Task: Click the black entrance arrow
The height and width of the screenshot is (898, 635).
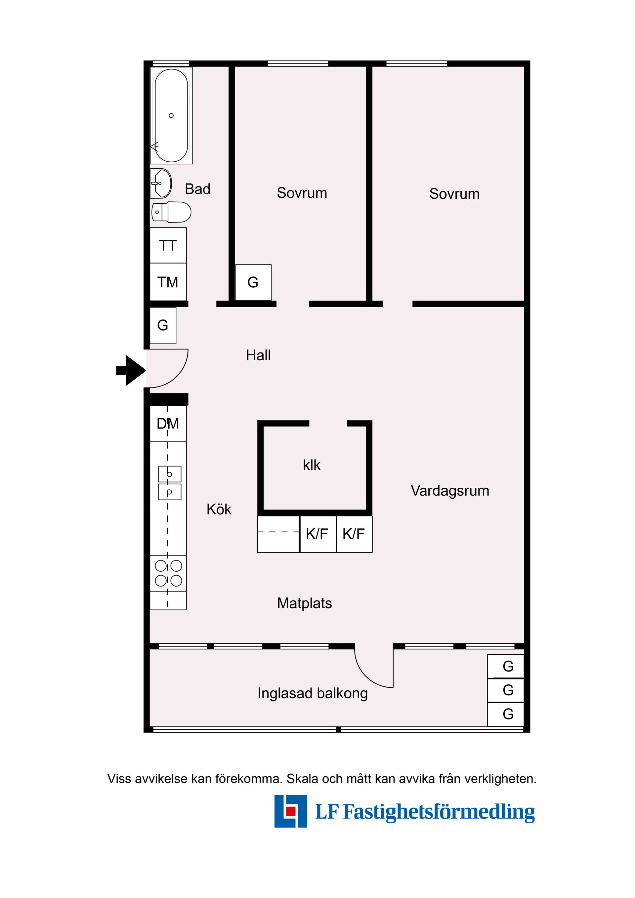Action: (x=131, y=370)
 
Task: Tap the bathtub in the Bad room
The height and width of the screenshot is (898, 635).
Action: (x=171, y=115)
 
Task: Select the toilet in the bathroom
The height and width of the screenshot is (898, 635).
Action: (x=171, y=212)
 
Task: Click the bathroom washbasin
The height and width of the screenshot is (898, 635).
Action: (x=161, y=183)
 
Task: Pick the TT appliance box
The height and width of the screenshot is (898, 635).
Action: (x=168, y=245)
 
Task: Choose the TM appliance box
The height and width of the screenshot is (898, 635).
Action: (x=168, y=282)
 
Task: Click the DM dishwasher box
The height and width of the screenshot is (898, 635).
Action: (x=168, y=424)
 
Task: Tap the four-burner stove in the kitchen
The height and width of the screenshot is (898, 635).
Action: (x=168, y=573)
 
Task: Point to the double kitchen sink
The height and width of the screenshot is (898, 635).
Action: (x=170, y=483)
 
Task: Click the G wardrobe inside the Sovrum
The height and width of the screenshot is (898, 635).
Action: (x=253, y=282)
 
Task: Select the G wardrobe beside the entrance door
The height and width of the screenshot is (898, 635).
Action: (x=163, y=325)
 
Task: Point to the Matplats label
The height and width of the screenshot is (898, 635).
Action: (x=304, y=603)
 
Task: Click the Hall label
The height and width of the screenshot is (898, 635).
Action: (x=258, y=355)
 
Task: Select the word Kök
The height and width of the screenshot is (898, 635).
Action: (x=219, y=509)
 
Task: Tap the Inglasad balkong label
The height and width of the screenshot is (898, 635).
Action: (x=313, y=693)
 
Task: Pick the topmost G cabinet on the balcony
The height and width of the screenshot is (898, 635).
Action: (x=505, y=666)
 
